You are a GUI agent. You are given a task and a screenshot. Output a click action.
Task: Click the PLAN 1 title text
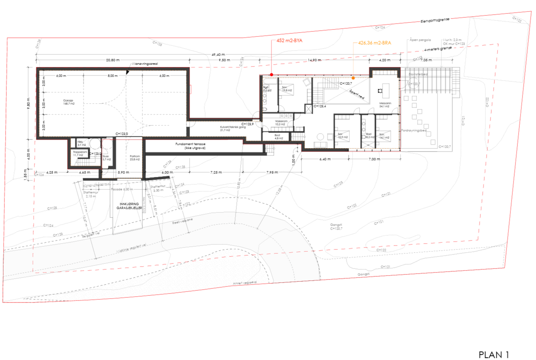coord(493,355)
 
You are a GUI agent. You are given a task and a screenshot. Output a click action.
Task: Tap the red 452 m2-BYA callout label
coord(289,41)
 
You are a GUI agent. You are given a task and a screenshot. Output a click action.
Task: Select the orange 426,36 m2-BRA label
coord(375,43)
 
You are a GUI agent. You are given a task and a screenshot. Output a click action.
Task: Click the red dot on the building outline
coord(271,75)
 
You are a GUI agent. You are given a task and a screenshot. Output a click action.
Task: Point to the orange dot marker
coord(353,78)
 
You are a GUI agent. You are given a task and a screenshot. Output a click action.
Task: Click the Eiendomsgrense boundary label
coord(435,20)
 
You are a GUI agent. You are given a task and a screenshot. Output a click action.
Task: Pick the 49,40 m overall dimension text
coord(218,55)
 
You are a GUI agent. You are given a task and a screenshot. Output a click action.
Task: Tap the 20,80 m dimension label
coord(113,60)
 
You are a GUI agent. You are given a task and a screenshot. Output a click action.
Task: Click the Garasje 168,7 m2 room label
coord(69,102)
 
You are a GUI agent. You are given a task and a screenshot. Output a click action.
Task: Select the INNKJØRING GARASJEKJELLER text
coord(129,206)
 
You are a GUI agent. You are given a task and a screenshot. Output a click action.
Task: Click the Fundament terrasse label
coord(190,146)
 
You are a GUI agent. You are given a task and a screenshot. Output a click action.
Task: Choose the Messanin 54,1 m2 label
coord(385,105)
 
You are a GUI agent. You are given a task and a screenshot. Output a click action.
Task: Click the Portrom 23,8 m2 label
coord(135,158)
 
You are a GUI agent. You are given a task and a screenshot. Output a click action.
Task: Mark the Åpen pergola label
coord(420,40)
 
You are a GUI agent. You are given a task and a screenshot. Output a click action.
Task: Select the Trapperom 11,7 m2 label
coord(80,154)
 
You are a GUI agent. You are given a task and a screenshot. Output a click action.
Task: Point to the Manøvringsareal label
coord(145,64)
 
